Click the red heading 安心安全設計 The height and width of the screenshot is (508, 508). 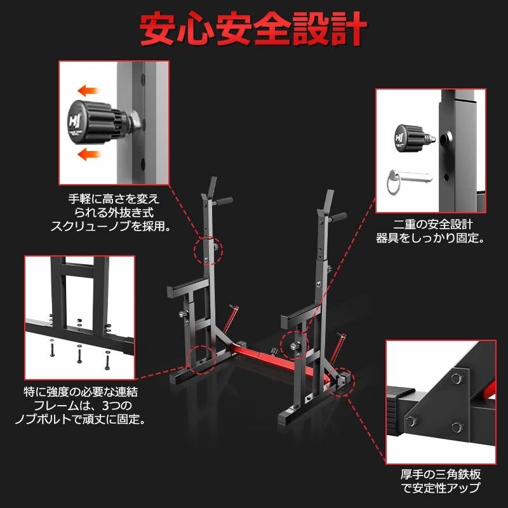click(x=254, y=29)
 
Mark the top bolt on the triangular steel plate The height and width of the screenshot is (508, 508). click(x=455, y=380)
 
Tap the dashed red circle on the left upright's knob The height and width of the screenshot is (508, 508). click(x=210, y=250)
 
